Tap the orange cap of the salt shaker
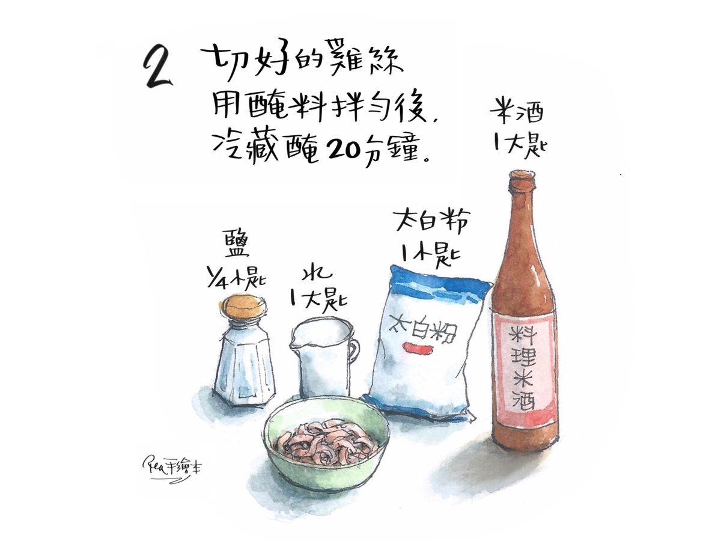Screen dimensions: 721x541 pyautogui.click(x=243, y=308)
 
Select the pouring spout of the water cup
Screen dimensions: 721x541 pyautogui.click(x=294, y=339)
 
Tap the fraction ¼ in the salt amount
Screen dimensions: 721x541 pyautogui.click(x=215, y=279)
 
